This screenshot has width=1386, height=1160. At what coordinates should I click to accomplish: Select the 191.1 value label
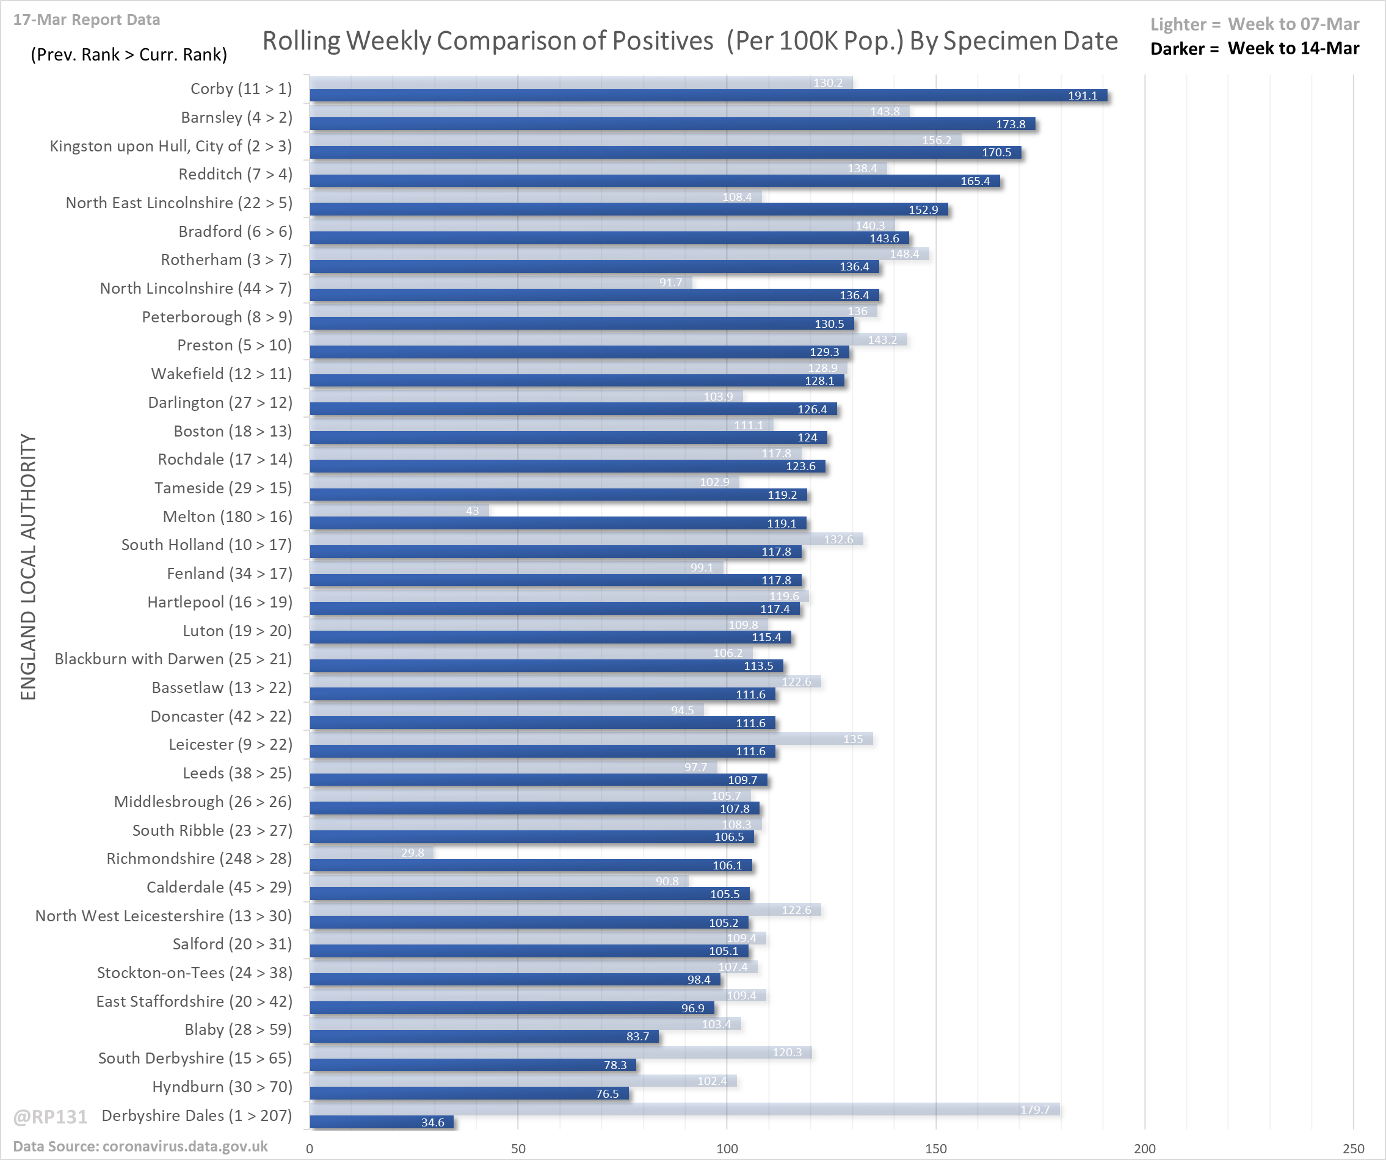1083,96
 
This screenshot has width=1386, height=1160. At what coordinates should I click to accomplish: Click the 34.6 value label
432,1122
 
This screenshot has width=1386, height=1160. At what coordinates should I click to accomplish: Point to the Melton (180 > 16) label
227,516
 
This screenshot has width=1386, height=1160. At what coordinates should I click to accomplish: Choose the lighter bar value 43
472,511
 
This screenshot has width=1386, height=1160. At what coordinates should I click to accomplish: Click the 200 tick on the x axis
1144,1149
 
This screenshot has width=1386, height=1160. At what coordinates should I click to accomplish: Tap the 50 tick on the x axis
518,1149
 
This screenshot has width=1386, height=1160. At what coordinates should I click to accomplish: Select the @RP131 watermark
50,1117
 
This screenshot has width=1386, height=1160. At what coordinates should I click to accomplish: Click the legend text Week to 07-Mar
1293,24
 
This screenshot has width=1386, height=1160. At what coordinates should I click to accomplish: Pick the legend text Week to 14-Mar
1293,49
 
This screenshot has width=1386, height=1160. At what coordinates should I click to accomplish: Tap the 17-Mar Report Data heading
87,20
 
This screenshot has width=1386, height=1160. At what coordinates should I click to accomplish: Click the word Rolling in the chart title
300,41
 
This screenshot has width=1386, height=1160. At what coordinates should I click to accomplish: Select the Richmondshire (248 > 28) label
198,858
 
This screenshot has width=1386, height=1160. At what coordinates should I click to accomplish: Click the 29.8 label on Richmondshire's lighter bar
413,852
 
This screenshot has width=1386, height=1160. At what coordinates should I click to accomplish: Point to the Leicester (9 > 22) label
230,744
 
